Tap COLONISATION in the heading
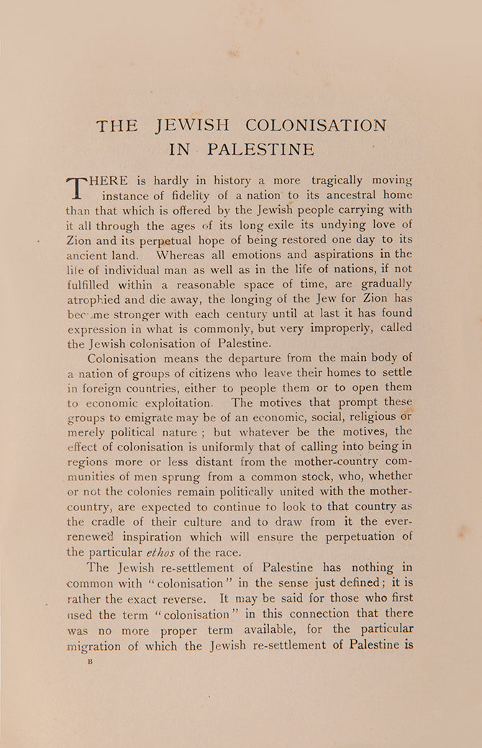[316, 125]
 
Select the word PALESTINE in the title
[260, 150]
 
